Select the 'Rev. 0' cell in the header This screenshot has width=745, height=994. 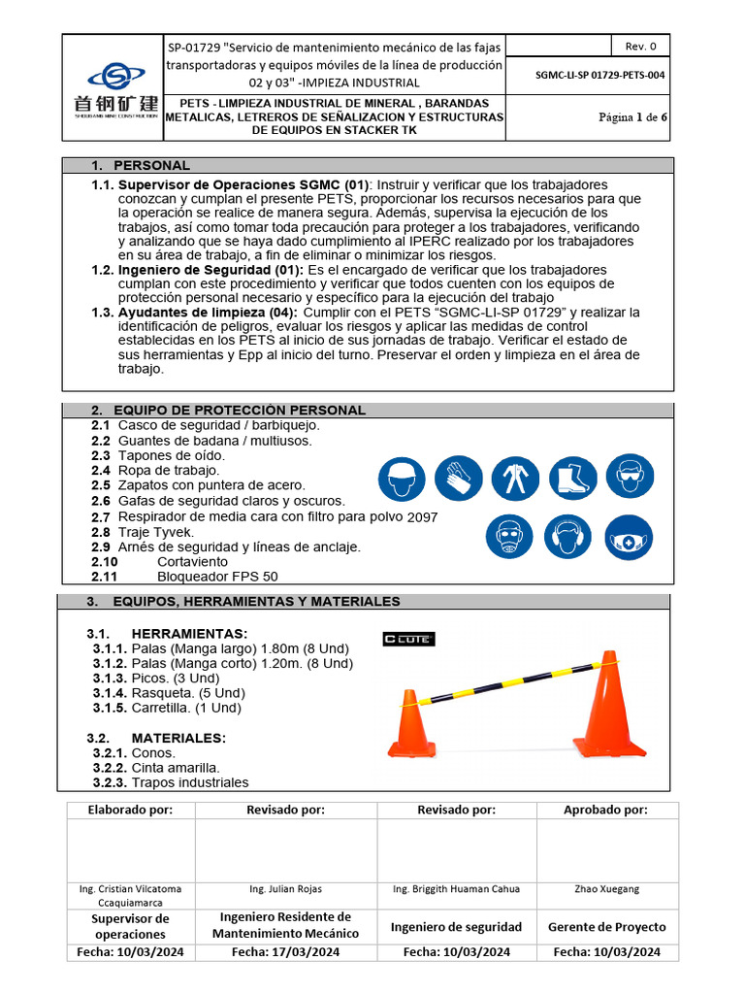click(640, 46)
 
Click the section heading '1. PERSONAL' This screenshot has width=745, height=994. click(152, 165)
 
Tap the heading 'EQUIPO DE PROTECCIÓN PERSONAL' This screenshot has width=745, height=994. click(239, 410)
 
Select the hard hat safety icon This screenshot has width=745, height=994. click(400, 478)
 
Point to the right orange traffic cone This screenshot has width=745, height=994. click(610, 704)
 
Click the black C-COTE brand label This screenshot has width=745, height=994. click(408, 639)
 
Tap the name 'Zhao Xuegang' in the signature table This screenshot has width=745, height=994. click(606, 888)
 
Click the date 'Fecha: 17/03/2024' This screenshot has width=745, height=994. click(285, 952)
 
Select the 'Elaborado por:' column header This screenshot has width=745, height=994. click(131, 810)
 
